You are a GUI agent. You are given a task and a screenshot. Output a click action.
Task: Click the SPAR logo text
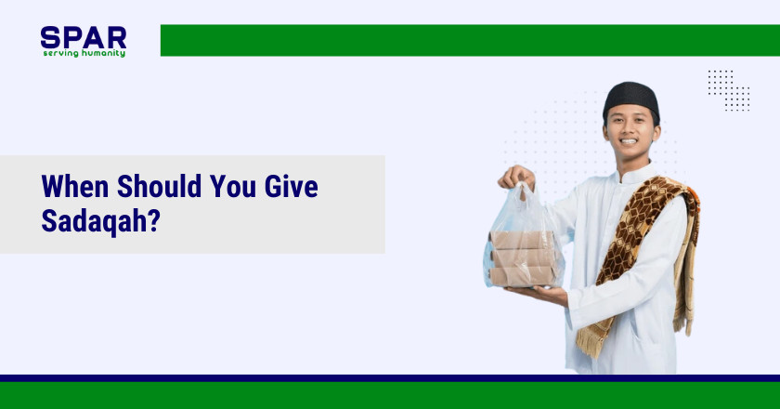83,37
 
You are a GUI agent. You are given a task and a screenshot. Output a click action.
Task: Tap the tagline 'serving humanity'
84,53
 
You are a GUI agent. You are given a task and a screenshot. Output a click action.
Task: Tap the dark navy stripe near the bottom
390,378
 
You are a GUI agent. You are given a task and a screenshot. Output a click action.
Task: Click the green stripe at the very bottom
390,396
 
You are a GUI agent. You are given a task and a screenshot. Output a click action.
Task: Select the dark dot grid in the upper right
728,90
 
